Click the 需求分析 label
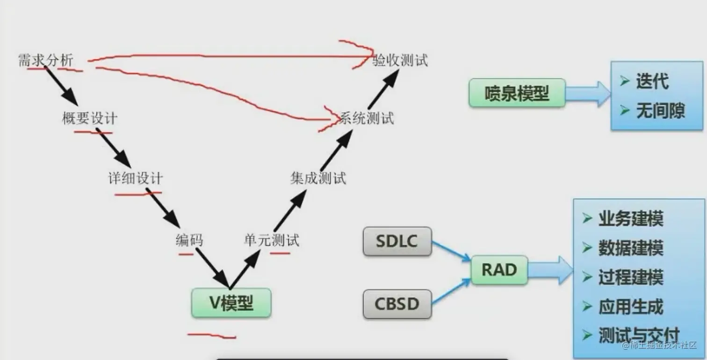pyautogui.click(x=45, y=60)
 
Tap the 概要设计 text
pyautogui.click(x=89, y=118)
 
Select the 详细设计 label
pyautogui.click(x=136, y=179)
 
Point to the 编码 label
pyautogui.click(x=189, y=240)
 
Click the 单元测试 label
pyautogui.click(x=271, y=240)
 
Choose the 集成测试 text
pyautogui.click(x=318, y=179)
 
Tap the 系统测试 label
pyautogui.click(x=367, y=118)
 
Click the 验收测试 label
pyautogui.click(x=400, y=60)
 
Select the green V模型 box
pyautogui.click(x=231, y=303)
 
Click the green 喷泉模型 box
pyautogui.click(x=517, y=94)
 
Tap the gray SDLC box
pyautogui.click(x=397, y=241)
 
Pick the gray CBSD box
pyautogui.click(x=397, y=304)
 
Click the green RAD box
pyautogui.click(x=499, y=270)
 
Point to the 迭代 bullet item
pyautogui.click(x=652, y=81)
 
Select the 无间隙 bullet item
pyautogui.click(x=660, y=111)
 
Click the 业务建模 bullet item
pyautogui.click(x=630, y=219)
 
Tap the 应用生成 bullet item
pyautogui.click(x=630, y=307)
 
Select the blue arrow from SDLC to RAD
pyautogui.click(x=451, y=252)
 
